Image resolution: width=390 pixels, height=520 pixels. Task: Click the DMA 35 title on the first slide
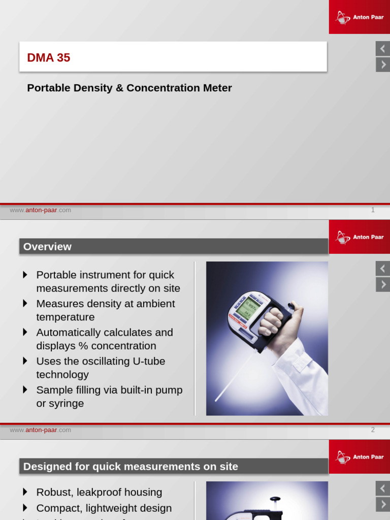click(x=49, y=58)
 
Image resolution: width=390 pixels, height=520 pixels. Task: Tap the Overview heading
click(x=47, y=247)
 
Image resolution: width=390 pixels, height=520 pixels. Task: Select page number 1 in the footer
click(x=373, y=210)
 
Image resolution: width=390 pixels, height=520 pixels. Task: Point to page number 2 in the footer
click(x=373, y=430)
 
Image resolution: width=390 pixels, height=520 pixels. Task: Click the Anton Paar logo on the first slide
click(x=359, y=17)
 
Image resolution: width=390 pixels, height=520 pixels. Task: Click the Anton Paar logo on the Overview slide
click(x=359, y=237)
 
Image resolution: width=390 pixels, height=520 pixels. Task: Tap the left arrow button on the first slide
click(x=382, y=49)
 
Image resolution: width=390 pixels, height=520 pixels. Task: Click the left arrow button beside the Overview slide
click(x=382, y=269)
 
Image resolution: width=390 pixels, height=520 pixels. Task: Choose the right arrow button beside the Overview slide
click(x=382, y=284)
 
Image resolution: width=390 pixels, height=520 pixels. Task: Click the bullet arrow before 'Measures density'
click(x=25, y=304)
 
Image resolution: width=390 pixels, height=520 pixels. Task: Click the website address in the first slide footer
click(x=41, y=210)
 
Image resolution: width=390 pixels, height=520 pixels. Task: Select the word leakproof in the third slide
click(x=101, y=492)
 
